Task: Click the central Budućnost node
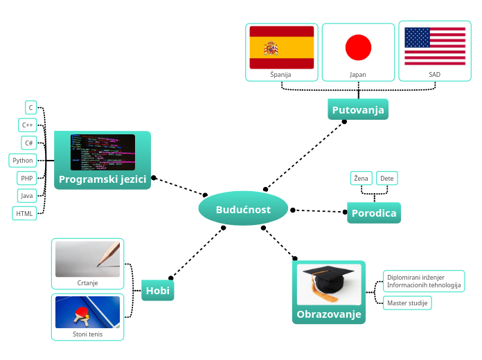[x=243, y=210]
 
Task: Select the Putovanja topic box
[x=357, y=110]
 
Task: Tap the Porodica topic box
[x=374, y=213]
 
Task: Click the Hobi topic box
[x=158, y=291]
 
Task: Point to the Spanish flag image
[x=281, y=47]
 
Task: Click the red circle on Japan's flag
[x=358, y=47]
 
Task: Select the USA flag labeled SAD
[x=435, y=47]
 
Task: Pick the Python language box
[x=22, y=161]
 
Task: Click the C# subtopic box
[x=28, y=143]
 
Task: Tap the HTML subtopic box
[x=24, y=214]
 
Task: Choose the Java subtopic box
[x=26, y=196]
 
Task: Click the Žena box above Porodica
[x=361, y=179]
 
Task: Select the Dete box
[x=387, y=179]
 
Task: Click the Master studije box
[x=407, y=303]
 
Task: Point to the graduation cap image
[x=329, y=284]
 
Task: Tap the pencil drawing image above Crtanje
[x=87, y=258]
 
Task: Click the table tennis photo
[x=87, y=312]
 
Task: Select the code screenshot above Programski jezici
[x=102, y=152]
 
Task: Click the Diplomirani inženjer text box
[x=423, y=281]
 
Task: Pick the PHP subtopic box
[x=26, y=178]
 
